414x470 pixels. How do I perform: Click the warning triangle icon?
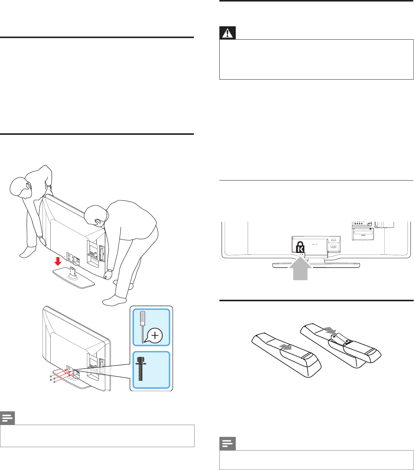click(x=228, y=33)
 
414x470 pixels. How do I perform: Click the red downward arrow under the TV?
click(x=57, y=262)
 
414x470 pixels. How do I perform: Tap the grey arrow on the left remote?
click(x=286, y=346)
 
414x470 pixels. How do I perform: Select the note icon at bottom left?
click(x=7, y=418)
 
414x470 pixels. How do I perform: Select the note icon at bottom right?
click(x=227, y=444)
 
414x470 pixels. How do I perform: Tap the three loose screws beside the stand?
click(x=52, y=379)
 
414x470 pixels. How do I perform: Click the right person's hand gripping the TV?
click(x=109, y=273)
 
